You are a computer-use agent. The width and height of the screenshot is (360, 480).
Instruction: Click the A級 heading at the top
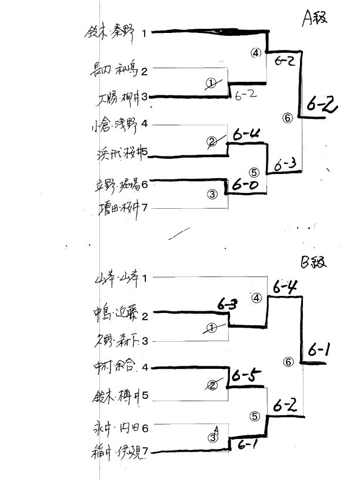click(315, 19)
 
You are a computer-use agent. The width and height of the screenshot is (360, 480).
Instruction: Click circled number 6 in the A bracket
click(287, 118)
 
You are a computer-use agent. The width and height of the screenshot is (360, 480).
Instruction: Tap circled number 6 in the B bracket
click(287, 362)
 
